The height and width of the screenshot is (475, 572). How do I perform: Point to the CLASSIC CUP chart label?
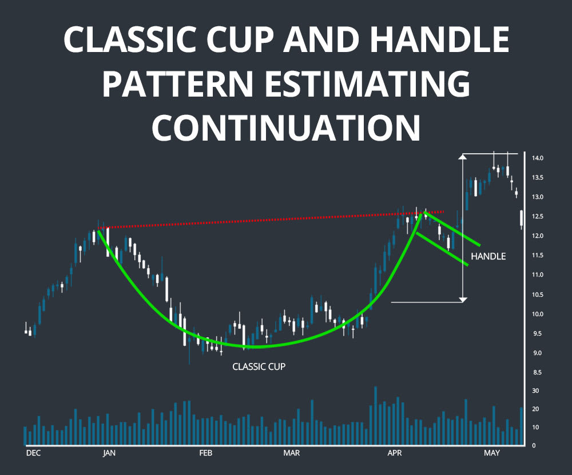[259, 366]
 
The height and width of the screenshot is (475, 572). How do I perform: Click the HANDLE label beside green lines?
[488, 257]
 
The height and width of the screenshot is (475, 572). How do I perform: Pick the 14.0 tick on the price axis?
[537, 158]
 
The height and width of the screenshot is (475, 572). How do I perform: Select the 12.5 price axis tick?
[537, 217]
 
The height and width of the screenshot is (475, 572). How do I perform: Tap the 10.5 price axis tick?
[537, 294]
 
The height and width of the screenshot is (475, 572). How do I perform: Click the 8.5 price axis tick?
[537, 373]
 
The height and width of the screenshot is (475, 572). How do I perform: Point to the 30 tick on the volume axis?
[535, 391]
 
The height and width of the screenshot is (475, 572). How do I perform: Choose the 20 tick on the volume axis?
[535, 409]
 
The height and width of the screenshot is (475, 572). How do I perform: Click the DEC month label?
[34, 453]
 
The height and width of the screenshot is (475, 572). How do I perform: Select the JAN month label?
[109, 453]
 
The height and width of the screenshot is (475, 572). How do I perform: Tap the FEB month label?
[205, 453]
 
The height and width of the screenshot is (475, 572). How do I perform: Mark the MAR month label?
[292, 453]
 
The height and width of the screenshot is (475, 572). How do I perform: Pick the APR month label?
[394, 453]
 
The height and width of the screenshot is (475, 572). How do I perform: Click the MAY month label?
[491, 453]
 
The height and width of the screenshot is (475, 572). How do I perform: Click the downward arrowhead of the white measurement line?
[463, 298]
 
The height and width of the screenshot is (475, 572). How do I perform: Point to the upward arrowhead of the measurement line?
[463, 157]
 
